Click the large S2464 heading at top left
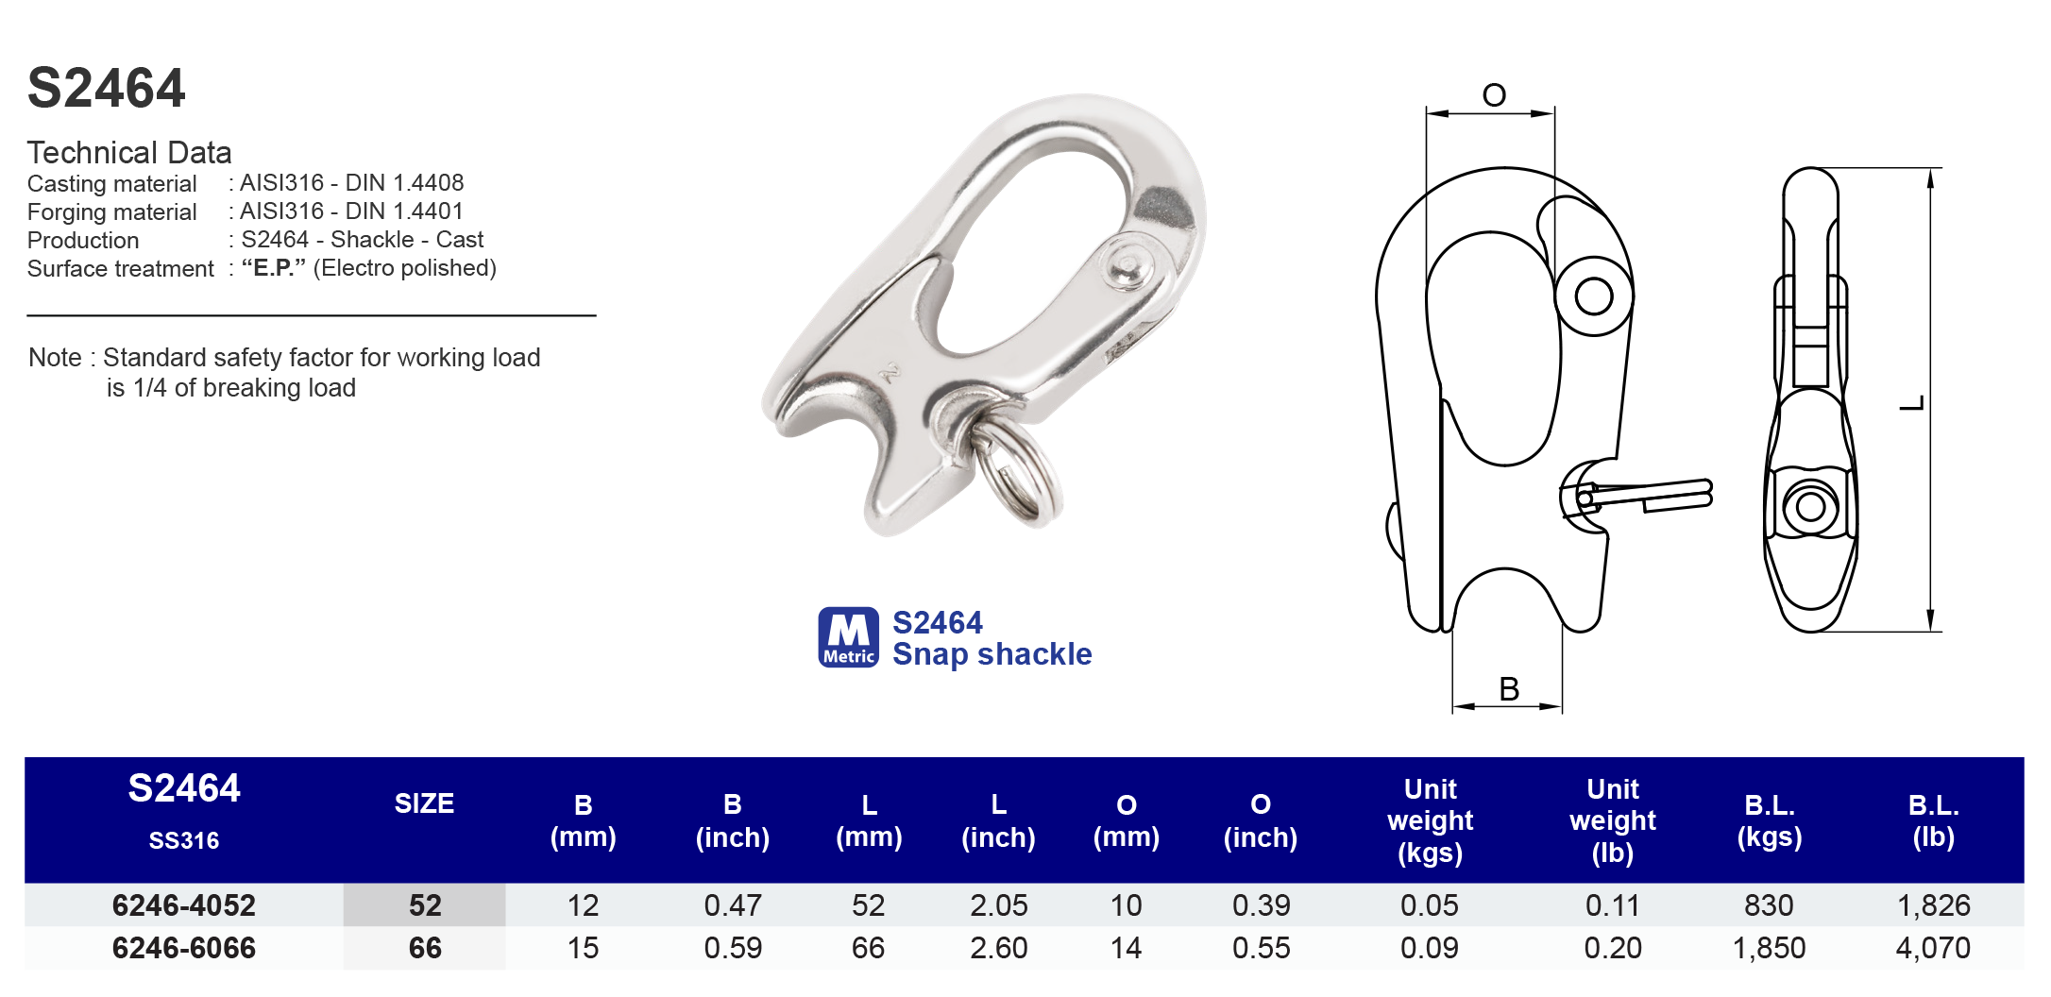tap(106, 89)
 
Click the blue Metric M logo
tap(848, 637)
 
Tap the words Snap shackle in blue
tap(992, 654)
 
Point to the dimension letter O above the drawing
tap(1493, 95)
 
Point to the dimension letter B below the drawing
tap(1508, 689)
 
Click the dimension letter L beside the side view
tap(1912, 403)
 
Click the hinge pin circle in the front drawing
tap(1594, 296)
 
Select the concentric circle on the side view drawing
tap(1810, 507)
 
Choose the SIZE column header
tap(424, 803)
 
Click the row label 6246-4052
tap(184, 905)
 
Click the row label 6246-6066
tap(184, 948)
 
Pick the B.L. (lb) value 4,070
tap(1933, 948)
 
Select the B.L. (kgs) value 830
tap(1769, 905)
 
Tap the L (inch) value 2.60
tap(998, 948)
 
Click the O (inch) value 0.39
tap(1261, 905)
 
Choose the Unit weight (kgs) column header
tap(1430, 820)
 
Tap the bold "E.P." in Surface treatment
tap(274, 268)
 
